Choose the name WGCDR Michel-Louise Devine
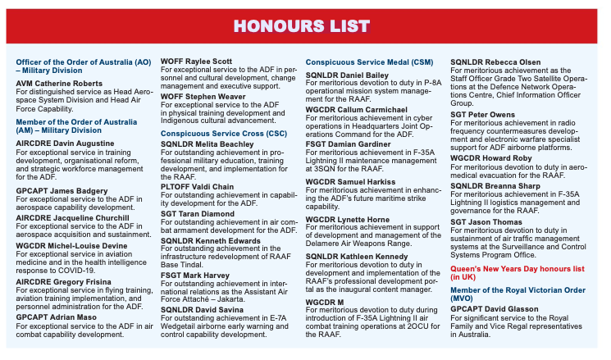(73, 247)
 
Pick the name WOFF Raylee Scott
(196, 62)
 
